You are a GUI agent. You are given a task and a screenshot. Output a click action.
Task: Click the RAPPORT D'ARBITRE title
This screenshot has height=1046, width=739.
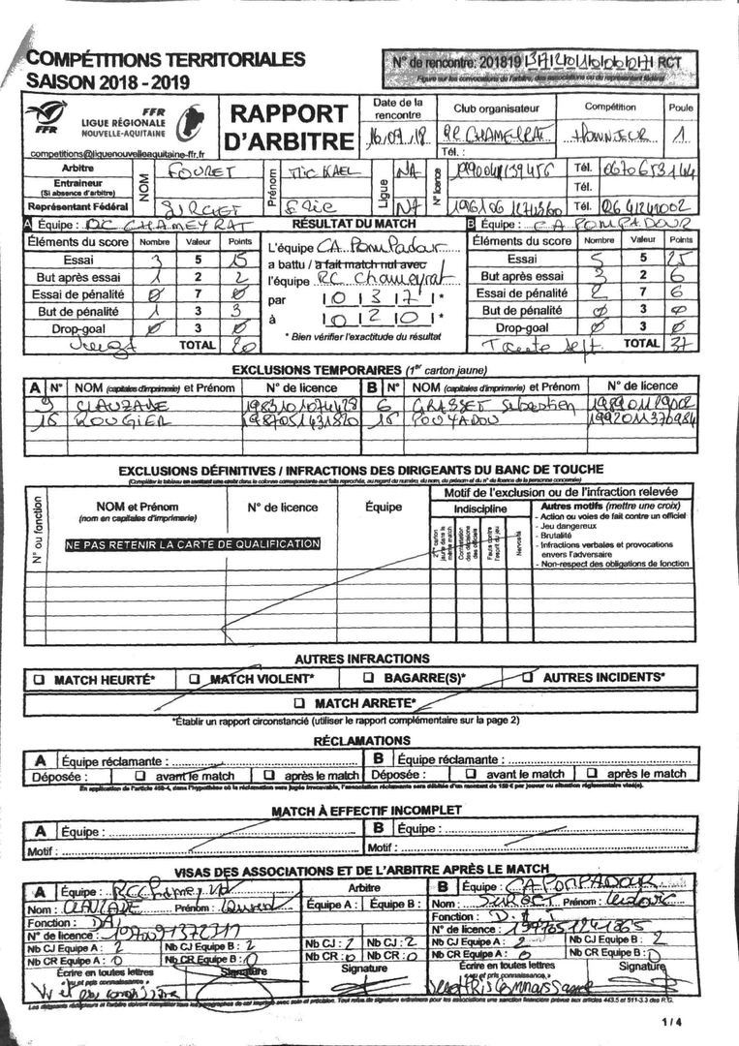pyautogui.click(x=291, y=127)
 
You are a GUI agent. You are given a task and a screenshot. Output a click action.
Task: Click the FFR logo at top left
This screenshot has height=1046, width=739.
pyautogui.click(x=46, y=119)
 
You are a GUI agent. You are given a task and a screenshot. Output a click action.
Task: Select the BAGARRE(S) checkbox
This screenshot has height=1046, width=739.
pyautogui.click(x=369, y=678)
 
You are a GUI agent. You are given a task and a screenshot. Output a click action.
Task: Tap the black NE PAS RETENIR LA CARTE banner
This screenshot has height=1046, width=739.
pyautogui.click(x=192, y=544)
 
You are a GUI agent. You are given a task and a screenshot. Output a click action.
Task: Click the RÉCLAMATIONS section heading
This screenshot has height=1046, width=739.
pyautogui.click(x=361, y=741)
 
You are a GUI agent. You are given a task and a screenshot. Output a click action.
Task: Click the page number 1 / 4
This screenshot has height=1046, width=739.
pyautogui.click(x=672, y=1022)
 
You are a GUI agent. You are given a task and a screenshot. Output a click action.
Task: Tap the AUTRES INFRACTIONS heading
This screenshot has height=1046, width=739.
pyautogui.click(x=361, y=658)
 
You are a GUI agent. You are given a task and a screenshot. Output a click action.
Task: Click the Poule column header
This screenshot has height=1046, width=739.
pyautogui.click(x=680, y=108)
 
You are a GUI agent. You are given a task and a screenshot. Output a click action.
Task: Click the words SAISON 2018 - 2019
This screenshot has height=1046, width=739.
pyautogui.click(x=108, y=81)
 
